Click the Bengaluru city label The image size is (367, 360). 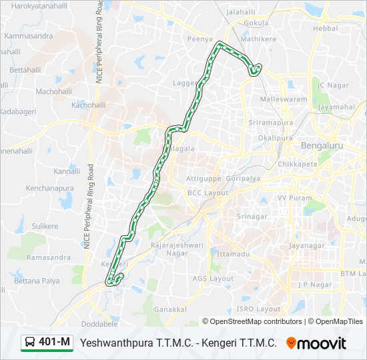[x=322, y=145]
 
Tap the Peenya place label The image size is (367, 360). [x=200, y=39]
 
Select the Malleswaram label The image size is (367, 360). [x=284, y=99]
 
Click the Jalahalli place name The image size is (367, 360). [x=242, y=12]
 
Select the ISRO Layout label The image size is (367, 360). [x=259, y=309]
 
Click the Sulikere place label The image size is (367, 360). [x=45, y=226]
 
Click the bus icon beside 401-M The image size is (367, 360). [x=30, y=343]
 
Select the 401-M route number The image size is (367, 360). [x=55, y=343]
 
